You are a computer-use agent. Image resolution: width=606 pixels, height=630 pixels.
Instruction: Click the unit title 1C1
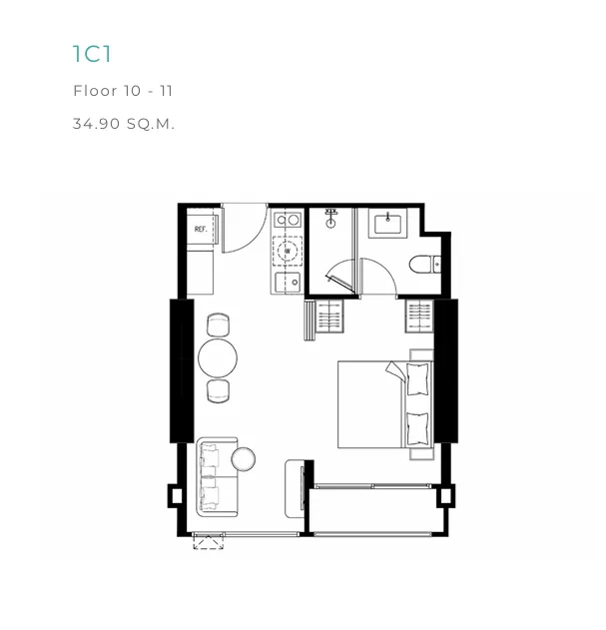(x=92, y=54)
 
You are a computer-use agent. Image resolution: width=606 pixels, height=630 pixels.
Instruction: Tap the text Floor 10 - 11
(x=123, y=91)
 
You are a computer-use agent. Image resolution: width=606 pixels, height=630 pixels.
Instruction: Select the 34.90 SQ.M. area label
(x=124, y=124)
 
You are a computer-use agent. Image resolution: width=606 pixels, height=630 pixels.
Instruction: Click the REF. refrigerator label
(x=201, y=229)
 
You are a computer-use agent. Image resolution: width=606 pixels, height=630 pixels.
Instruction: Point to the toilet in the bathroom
(x=425, y=265)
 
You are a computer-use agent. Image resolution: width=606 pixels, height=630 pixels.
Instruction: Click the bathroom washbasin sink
(x=387, y=224)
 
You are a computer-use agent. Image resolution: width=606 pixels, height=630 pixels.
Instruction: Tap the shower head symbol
(x=330, y=219)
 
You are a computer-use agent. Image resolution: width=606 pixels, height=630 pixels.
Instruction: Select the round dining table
(x=218, y=358)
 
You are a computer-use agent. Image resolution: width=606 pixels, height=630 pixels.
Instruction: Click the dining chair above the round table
(x=219, y=324)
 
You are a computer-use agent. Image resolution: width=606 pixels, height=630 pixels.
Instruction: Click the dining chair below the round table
(x=219, y=391)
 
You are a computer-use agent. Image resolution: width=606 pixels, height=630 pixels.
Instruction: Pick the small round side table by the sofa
(x=244, y=459)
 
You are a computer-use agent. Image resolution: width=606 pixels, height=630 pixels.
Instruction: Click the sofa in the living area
(x=217, y=477)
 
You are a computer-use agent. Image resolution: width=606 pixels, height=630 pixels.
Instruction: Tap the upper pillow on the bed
(x=418, y=379)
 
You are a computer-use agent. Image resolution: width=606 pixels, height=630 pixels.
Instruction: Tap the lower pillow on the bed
(x=418, y=428)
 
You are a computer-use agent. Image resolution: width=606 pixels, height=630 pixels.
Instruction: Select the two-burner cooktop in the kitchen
(x=288, y=221)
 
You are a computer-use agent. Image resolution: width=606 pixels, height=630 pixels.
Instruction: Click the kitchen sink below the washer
(x=288, y=282)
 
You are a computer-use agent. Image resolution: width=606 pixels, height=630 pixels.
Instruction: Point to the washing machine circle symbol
(x=288, y=252)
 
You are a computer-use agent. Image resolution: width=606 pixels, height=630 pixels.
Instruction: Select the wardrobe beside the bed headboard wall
(x=419, y=316)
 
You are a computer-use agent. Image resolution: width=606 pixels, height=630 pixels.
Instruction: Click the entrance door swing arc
(x=258, y=238)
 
